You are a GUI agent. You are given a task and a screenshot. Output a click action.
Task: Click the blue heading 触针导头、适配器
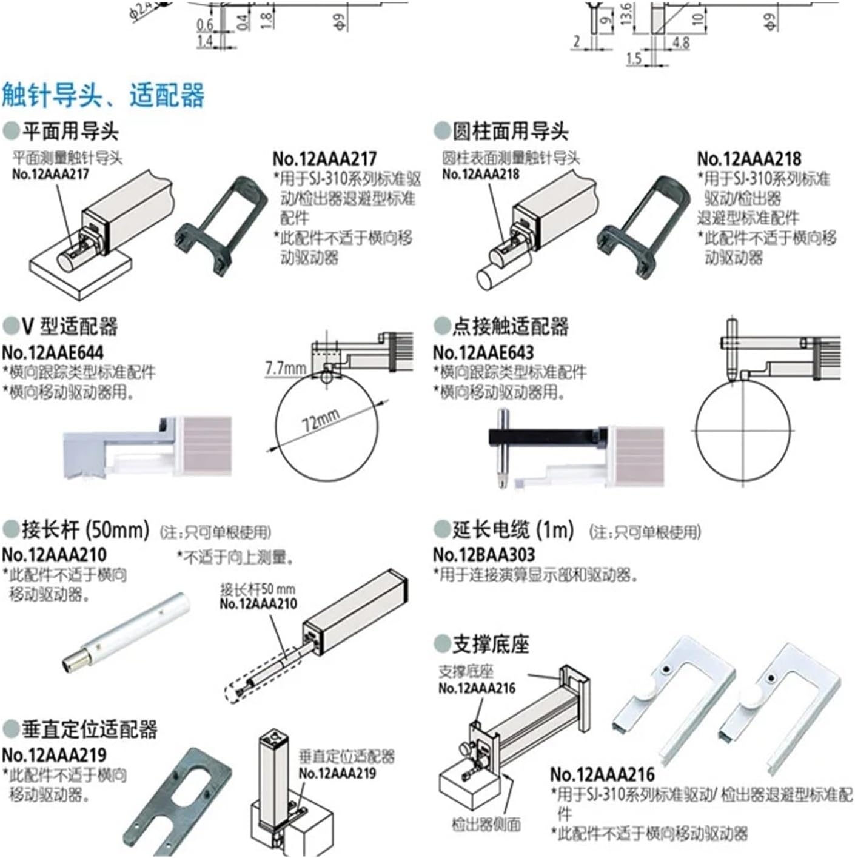(103, 96)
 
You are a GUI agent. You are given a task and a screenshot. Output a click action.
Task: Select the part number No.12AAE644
(53, 352)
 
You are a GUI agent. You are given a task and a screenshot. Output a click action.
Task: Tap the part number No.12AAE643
(483, 352)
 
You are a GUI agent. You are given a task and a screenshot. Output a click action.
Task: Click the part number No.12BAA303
(484, 554)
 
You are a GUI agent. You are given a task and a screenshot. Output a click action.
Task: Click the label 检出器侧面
(486, 823)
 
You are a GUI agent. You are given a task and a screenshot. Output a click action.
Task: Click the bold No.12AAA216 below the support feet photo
(602, 774)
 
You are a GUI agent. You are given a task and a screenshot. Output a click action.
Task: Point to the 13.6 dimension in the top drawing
(626, 13)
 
